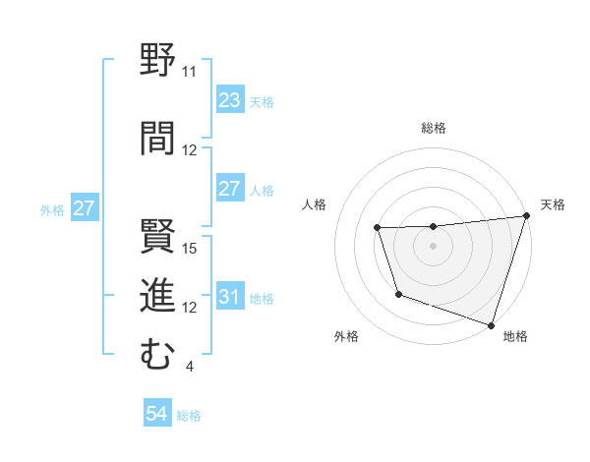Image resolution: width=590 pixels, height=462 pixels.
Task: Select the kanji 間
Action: point(157,137)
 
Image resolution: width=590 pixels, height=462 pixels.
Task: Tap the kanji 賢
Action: point(157,236)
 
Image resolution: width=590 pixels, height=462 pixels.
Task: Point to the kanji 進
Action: point(157,295)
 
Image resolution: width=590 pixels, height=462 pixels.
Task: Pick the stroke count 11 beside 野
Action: point(189,72)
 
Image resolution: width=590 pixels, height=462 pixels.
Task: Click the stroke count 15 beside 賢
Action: point(191,248)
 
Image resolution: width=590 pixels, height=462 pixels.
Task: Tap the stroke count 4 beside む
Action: point(189,368)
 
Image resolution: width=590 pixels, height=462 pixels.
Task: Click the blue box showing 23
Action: point(229,100)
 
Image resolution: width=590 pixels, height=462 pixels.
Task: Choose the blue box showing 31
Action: point(229,297)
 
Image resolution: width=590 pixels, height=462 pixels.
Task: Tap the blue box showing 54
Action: point(156,415)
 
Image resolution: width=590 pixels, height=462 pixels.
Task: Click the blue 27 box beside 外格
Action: point(84,208)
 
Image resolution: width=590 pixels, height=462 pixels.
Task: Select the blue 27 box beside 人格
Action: point(229,189)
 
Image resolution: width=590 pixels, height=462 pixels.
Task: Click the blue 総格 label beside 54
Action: point(189,416)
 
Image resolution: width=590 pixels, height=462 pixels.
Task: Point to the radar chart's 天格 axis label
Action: point(553,204)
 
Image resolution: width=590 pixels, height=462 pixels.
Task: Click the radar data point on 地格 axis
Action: point(491,324)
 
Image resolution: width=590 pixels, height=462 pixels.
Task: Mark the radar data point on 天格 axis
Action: point(525,216)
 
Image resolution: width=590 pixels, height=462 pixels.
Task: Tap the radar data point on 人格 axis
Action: point(378,228)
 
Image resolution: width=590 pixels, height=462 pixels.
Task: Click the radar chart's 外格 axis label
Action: point(346,336)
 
